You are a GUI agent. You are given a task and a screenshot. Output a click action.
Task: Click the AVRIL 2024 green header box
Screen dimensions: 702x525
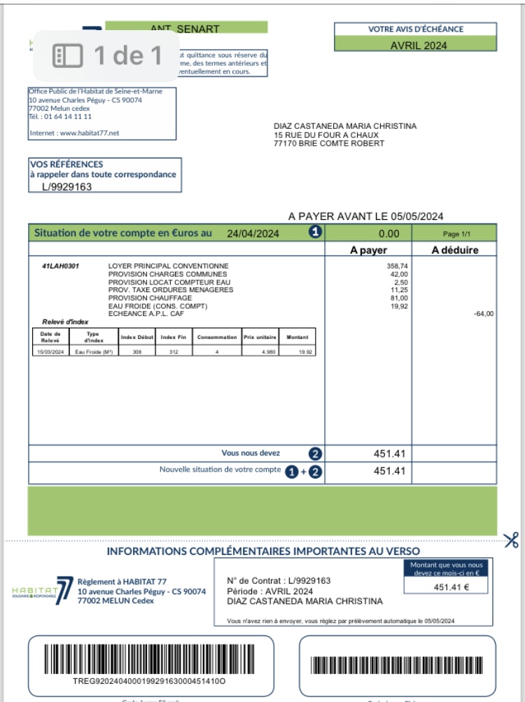[417, 46]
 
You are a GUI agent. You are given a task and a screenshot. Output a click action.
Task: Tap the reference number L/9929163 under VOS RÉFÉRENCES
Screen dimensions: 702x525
[67, 187]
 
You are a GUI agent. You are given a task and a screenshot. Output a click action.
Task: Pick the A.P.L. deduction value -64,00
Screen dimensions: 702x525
[483, 314]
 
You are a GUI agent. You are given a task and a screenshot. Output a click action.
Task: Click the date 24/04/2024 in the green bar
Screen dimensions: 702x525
[253, 234]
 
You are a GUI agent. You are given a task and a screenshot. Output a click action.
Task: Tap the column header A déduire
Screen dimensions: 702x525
[454, 250]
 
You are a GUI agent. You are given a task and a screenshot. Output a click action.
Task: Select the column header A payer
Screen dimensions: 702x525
[368, 250]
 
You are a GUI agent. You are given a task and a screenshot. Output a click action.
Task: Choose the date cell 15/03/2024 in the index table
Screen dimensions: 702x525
[50, 352]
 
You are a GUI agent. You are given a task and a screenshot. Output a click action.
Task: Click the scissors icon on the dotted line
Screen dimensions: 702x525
[511, 540]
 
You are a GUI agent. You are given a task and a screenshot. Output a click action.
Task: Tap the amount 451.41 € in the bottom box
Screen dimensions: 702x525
[451, 587]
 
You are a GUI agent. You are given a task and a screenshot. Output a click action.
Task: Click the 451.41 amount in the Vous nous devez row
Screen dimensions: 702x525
[389, 453]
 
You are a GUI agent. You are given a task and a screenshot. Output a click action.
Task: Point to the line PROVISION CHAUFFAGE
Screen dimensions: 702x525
[150, 298]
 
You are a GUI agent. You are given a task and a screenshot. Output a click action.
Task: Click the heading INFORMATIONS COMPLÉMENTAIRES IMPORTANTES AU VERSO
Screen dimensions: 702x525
[263, 551]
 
